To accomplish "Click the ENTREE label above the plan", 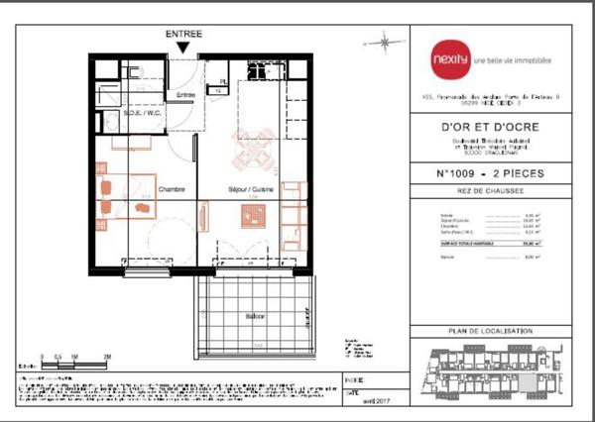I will pyautogui.click(x=183, y=34).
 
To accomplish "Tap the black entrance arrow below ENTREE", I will pyautogui.click(x=183, y=47).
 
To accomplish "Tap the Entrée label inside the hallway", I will pyautogui.click(x=185, y=94).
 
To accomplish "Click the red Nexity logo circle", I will pyautogui.click(x=449, y=59).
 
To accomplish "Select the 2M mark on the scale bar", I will pyautogui.click(x=106, y=355).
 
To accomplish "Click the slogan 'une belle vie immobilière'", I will pyautogui.click(x=512, y=60).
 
